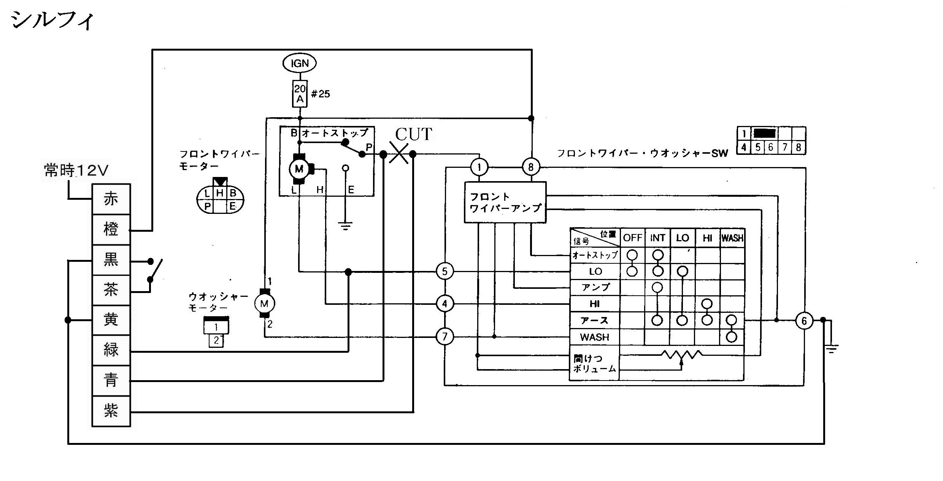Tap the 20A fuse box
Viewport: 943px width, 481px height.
pos(300,94)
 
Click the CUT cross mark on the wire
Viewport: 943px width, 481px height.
pos(398,154)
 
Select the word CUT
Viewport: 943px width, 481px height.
pos(414,134)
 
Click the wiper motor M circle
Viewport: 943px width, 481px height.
pos(299,169)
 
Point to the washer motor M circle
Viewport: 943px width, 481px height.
pos(264,303)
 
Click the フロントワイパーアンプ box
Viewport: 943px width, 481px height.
pos(505,202)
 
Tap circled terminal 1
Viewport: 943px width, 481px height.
pos(479,167)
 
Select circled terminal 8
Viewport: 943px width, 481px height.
pos(531,167)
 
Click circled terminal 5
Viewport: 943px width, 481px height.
pos(445,271)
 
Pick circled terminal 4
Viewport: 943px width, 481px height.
pos(445,304)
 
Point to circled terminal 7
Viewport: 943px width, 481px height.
pos(445,336)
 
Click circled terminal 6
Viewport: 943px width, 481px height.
pos(804,320)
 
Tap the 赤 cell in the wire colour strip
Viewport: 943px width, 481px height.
pos(111,199)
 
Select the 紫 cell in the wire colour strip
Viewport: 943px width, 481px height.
pos(111,411)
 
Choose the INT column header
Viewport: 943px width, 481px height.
pos(657,238)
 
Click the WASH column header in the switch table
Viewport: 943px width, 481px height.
pos(732,238)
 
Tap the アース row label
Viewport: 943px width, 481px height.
pos(595,320)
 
